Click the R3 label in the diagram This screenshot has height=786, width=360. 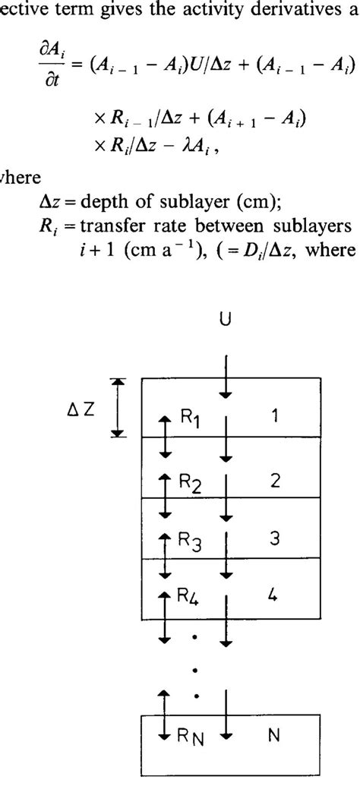click(190, 541)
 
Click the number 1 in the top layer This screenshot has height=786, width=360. click(276, 416)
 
